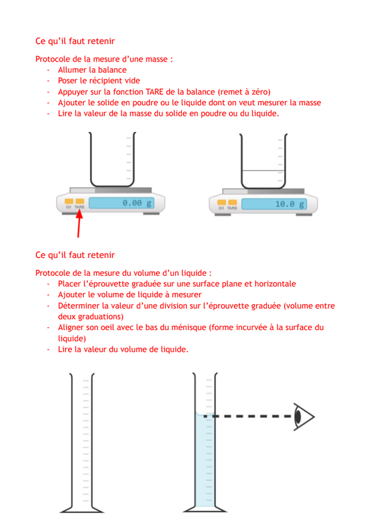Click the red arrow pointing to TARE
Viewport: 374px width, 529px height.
coord(79,224)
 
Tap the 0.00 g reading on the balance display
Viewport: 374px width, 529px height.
coord(137,203)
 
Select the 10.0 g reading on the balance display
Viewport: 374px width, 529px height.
coord(289,204)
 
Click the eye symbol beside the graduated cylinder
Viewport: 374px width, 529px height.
coord(303,417)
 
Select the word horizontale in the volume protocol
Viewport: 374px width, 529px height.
coord(275,284)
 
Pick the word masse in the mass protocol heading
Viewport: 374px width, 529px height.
coord(156,59)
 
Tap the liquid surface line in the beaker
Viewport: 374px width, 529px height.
coord(263,171)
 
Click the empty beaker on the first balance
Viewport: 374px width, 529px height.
coord(112,159)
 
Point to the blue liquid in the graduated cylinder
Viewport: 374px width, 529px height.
coord(205,460)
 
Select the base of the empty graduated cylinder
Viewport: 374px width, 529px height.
coord(82,509)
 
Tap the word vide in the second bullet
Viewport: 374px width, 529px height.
coord(132,81)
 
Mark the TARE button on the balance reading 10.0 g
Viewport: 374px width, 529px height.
coord(233,202)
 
